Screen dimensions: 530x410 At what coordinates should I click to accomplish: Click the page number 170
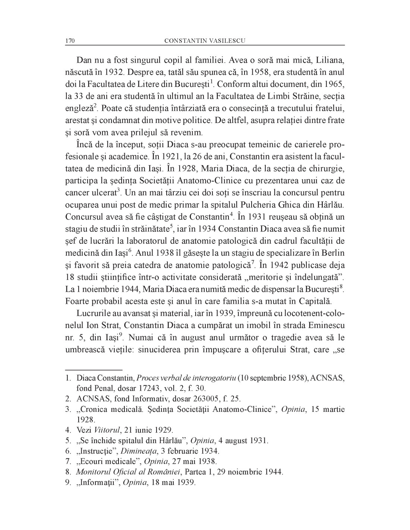[x=70, y=41]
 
